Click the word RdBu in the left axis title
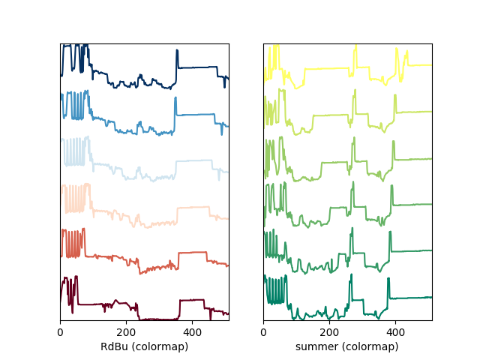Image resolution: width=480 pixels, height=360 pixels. pyautogui.click(x=113, y=346)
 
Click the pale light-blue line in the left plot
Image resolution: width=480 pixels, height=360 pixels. pyautogui.click(x=195, y=161)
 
